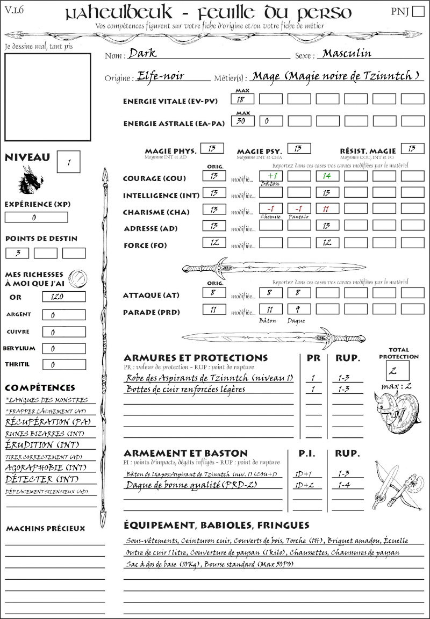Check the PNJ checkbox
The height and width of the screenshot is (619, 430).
tap(417, 12)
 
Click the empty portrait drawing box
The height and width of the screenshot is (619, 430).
tap(47, 96)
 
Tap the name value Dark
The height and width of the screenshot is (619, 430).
tap(142, 54)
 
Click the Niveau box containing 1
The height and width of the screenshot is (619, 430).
tap(69, 162)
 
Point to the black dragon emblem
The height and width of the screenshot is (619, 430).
tap(31, 179)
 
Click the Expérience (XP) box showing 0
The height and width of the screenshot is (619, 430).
tap(36, 218)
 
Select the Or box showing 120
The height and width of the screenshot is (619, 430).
tap(63, 297)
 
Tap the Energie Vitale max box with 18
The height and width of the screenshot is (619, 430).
tap(242, 99)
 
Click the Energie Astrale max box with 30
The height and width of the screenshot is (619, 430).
tap(242, 121)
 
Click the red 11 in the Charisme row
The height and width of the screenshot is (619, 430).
tap(327, 208)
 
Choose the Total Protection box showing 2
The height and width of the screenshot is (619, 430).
tap(397, 371)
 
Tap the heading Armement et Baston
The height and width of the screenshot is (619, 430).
tap(185, 453)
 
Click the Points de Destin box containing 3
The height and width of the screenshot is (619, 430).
tap(18, 253)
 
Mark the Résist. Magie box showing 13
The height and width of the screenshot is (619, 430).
tap(412, 149)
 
